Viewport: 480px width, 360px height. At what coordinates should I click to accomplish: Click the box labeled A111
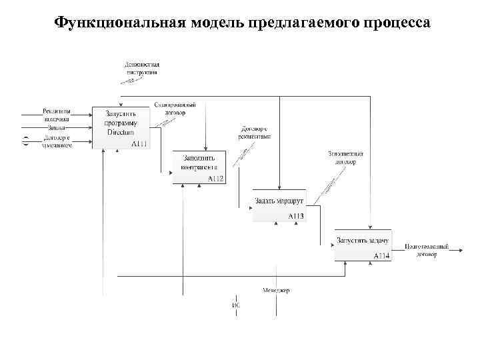point(121,127)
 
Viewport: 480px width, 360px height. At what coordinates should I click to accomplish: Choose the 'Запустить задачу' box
point(363,245)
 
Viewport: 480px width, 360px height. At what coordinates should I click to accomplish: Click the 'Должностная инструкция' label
point(141,68)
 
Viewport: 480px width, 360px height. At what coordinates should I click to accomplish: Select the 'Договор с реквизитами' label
point(254,132)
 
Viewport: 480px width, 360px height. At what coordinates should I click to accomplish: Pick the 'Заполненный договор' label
point(345,157)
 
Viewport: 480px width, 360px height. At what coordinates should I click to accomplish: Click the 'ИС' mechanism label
point(235,305)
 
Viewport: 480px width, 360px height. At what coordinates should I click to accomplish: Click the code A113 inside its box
point(295,216)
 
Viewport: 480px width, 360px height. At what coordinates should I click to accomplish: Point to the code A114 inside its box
point(381,255)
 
